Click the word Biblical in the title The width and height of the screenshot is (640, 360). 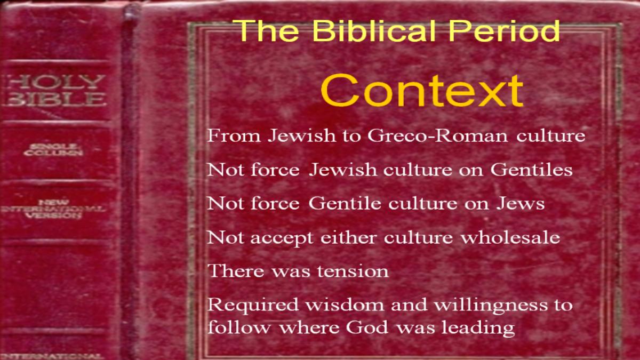(374, 30)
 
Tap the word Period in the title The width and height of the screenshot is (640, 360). (504, 30)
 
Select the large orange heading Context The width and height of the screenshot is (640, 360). (422, 90)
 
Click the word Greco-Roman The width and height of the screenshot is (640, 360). (437, 135)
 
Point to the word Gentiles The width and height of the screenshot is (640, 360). (531, 170)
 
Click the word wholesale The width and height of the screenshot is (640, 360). (510, 237)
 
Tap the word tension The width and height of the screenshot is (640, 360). (353, 271)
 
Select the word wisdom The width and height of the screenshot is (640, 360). (345, 305)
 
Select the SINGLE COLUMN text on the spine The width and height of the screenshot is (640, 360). (53, 150)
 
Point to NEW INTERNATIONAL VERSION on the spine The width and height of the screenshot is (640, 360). (53, 209)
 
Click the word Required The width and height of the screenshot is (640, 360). (253, 306)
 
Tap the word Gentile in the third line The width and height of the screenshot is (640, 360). (345, 203)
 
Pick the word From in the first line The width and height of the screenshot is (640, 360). (234, 135)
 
